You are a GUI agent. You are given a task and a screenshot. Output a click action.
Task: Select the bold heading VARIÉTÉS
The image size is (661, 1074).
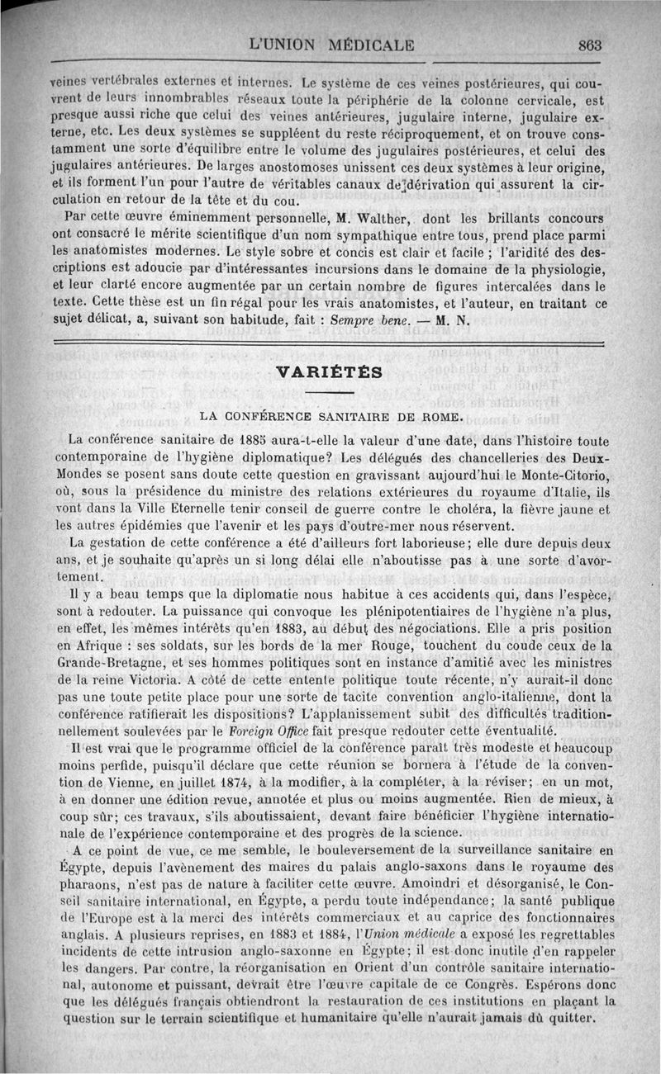330,371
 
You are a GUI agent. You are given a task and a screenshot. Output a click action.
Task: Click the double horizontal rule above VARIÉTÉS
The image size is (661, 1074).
330,340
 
